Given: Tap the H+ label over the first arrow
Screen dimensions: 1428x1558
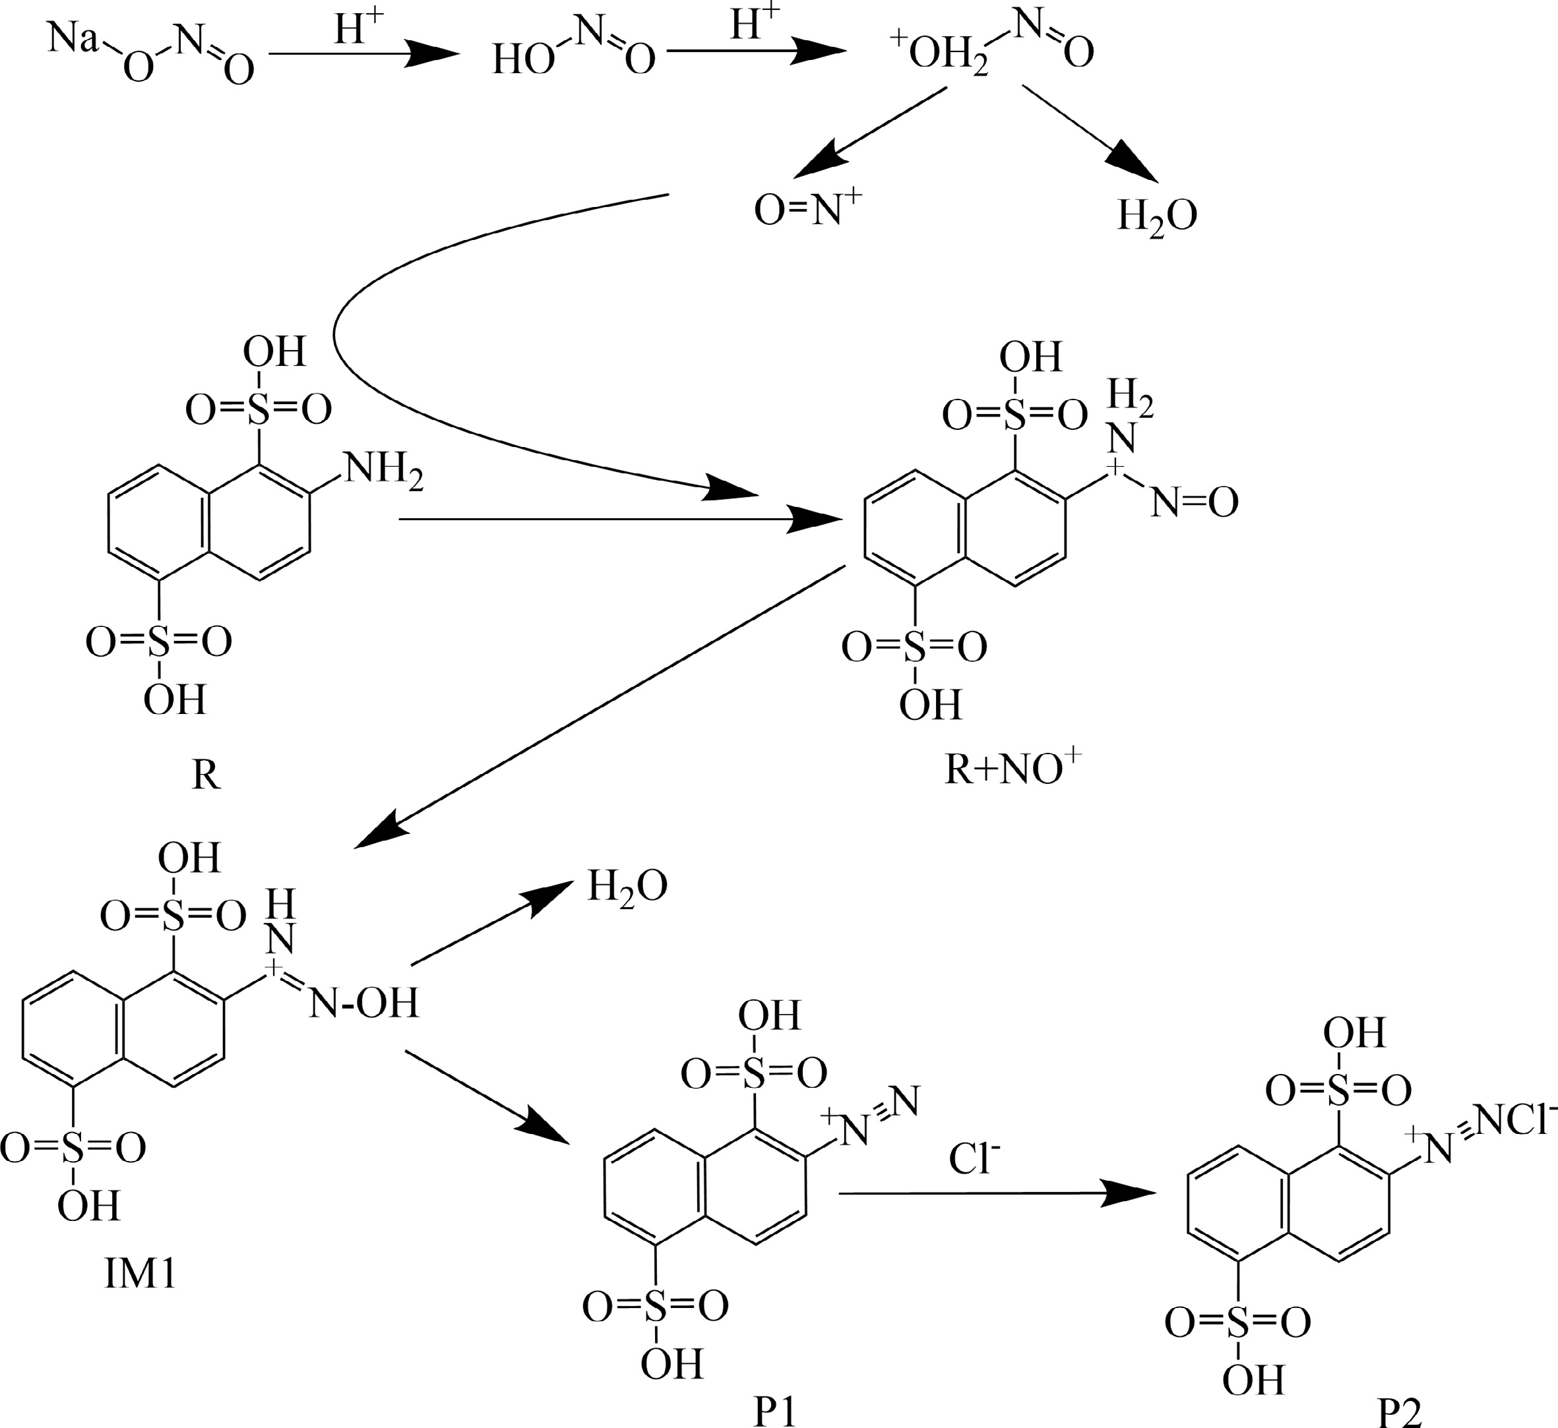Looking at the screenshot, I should [x=358, y=30].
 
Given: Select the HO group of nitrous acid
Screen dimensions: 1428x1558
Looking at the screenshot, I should [x=522, y=59].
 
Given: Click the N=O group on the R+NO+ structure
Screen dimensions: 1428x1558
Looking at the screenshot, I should [x=1195, y=503].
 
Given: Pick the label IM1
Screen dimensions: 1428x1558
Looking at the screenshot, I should [x=140, y=1274].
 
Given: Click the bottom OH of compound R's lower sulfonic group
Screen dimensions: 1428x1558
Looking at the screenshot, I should [x=175, y=699].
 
